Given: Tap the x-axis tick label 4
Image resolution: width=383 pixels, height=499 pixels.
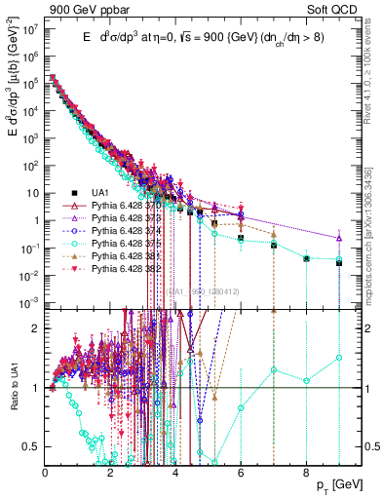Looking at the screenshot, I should point(175,473).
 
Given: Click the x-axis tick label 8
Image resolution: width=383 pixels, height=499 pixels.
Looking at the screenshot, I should point(306,473).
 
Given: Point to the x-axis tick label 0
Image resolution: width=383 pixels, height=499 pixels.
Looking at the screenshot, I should point(46,473).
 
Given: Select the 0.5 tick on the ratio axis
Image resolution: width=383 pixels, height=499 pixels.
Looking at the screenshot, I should point(34,446).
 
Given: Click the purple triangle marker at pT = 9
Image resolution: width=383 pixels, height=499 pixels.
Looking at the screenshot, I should point(338,238).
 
